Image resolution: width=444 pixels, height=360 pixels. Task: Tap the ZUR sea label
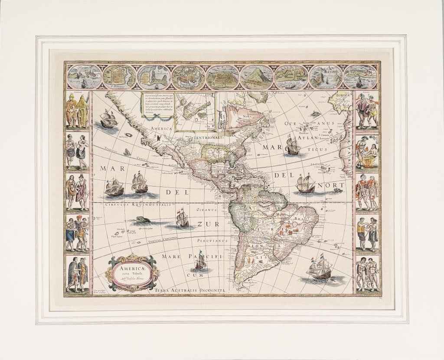coord(206,224)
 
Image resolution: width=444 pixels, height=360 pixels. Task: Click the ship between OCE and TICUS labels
coord(293,146)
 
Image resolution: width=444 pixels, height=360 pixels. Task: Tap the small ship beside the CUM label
coord(200,261)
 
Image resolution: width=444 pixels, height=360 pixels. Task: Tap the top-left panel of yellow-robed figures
coord(77,110)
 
